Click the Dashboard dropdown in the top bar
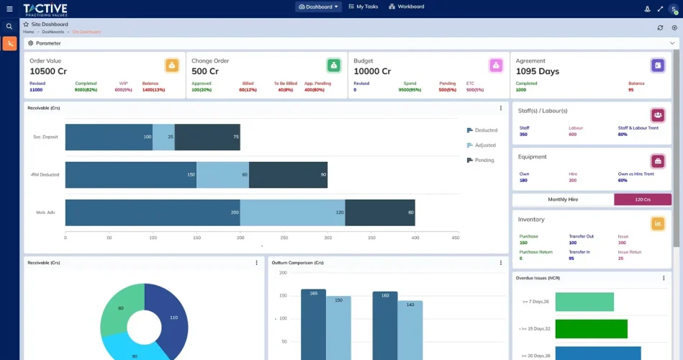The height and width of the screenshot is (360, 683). point(318,7)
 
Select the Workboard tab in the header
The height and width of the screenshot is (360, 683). point(407,7)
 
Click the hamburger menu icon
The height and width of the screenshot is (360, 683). point(9,9)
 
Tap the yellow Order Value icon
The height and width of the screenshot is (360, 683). point(172,66)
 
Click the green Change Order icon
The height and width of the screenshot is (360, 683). point(334,66)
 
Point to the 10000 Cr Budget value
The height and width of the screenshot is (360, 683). point(372,71)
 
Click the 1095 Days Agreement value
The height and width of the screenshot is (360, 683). point(537,71)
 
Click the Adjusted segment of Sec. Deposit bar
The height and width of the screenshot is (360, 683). point(163,137)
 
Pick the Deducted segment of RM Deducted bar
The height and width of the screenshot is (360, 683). point(130,175)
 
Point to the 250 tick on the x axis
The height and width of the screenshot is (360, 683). point(284,238)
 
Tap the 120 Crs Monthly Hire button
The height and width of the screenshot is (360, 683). point(642,199)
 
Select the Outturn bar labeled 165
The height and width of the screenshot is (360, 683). point(313,324)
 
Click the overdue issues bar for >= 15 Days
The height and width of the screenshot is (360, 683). point(591,329)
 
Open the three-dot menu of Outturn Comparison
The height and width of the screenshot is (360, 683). point(501,263)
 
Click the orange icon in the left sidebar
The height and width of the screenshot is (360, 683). point(9,44)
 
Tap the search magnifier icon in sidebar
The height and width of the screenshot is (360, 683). point(9,27)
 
